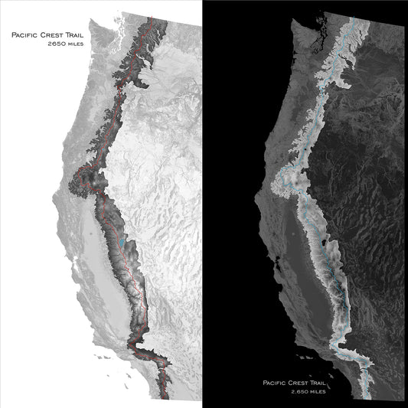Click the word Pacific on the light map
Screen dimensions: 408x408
point(21,35)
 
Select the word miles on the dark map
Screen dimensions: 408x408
point(322,391)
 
